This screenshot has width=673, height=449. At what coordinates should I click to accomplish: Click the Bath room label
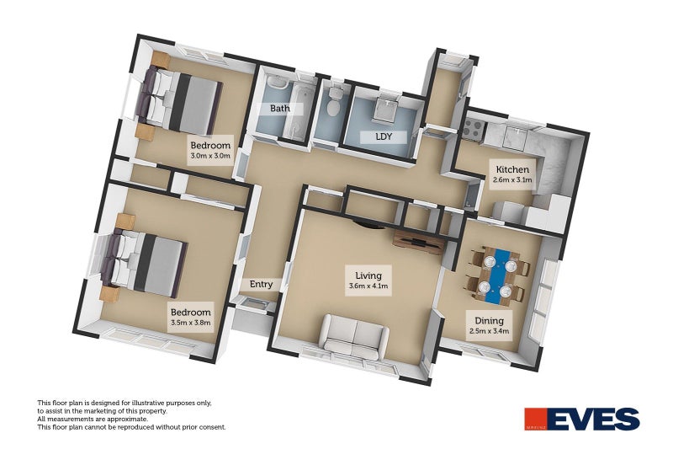280,109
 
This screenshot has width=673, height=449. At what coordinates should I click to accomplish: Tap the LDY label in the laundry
384,137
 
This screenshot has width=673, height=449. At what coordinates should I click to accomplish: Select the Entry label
261,285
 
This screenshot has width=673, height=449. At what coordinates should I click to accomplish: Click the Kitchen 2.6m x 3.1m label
512,174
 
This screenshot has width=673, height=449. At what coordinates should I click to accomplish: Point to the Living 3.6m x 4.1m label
368,281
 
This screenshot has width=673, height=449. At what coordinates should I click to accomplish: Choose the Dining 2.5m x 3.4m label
490,325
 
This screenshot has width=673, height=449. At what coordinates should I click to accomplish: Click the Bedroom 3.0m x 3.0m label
210,151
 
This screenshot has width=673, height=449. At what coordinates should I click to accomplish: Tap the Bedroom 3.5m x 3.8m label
191,317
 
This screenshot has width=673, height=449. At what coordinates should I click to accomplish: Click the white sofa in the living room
356,336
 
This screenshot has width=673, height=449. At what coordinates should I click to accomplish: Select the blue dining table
498,275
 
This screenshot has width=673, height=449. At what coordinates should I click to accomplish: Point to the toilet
332,102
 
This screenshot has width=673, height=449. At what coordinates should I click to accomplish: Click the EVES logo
582,419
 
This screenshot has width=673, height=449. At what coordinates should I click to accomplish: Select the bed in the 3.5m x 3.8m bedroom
144,264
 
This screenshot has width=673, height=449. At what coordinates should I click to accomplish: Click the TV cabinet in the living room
418,243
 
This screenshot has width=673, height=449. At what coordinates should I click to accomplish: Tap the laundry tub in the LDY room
386,110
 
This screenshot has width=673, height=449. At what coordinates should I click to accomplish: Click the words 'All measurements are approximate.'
93,419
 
